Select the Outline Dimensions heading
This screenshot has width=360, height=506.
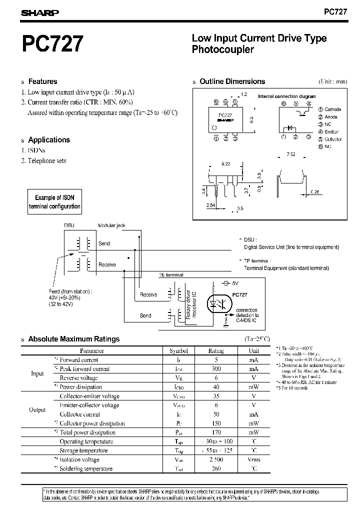tap(232, 81)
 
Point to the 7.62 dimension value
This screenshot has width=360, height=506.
tap(291, 154)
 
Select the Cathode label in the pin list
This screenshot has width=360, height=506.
tap(332, 109)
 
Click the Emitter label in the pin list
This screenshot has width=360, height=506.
tap(330, 132)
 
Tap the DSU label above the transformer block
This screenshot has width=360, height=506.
tap(69, 225)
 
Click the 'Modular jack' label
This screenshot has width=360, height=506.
tap(112, 225)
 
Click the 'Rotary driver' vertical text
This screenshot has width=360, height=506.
tap(188, 304)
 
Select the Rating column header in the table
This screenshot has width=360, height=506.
tap(216, 351)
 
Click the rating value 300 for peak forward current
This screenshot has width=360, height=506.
tap(216, 369)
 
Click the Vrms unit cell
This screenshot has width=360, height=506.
tap(254, 459)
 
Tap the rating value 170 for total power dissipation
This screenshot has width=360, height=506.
tap(216, 432)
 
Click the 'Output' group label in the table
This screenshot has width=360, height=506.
tap(37, 410)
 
